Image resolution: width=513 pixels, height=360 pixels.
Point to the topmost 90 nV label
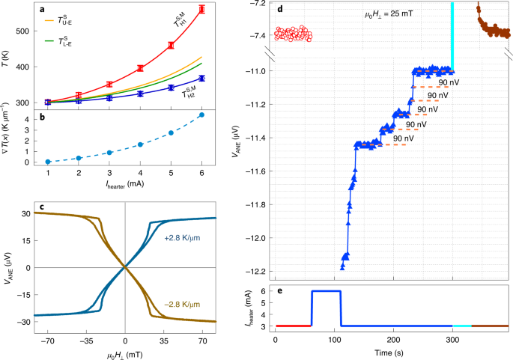click(449, 81)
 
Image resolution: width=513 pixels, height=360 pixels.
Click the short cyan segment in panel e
click(461, 326)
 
